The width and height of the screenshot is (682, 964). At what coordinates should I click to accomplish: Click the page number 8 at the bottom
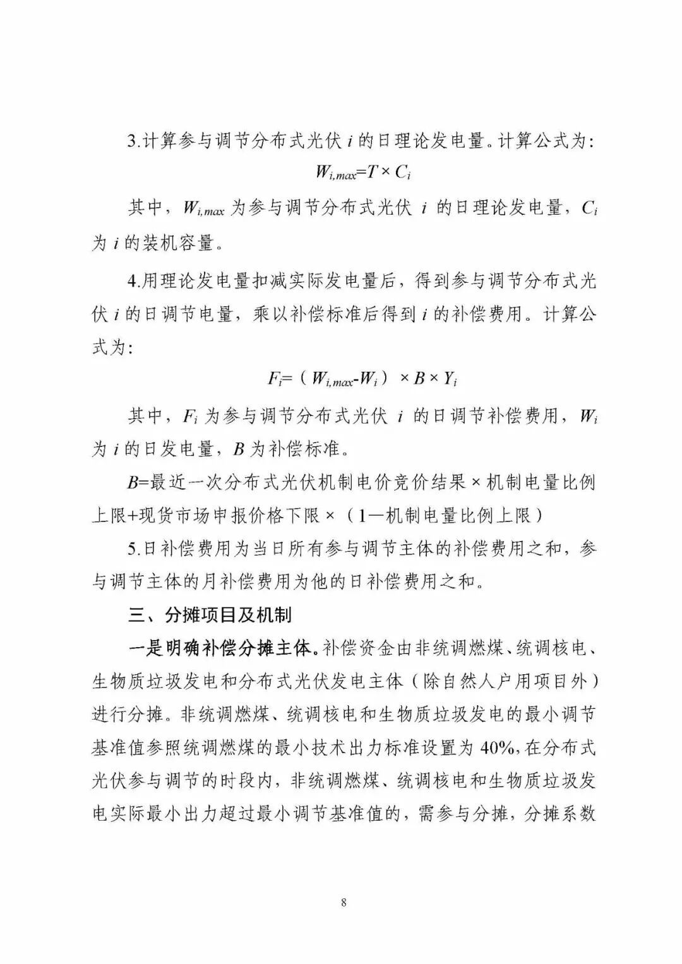(x=344, y=902)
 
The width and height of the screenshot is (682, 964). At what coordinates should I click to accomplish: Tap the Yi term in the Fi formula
(x=450, y=379)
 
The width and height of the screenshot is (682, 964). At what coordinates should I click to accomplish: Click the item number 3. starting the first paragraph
(x=133, y=141)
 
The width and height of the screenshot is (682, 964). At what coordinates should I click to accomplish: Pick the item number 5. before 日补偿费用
(x=133, y=549)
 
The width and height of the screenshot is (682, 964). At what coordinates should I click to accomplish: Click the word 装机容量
(x=179, y=243)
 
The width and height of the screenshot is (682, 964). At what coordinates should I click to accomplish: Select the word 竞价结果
(x=429, y=483)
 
